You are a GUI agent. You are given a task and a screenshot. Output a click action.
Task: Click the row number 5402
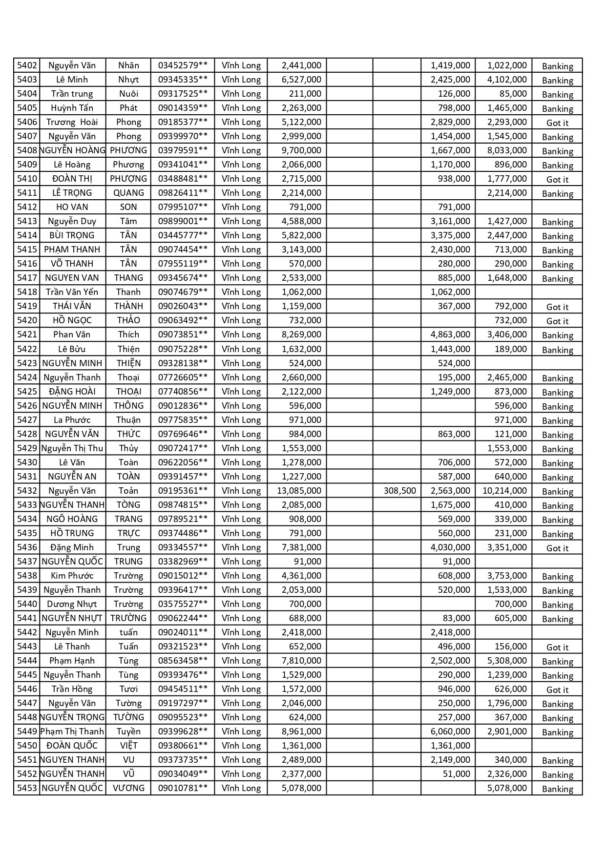coord(27,65)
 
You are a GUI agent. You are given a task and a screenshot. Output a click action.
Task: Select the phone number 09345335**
coord(183,80)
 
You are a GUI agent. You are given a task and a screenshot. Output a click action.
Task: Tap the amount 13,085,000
coord(299,491)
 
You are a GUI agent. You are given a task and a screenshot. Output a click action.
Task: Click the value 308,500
coord(399,491)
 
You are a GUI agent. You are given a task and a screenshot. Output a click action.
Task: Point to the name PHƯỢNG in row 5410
coord(128,179)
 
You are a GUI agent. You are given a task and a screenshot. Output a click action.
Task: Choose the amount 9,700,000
coord(301,150)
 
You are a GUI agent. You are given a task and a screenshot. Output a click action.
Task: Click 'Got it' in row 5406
coord(557,123)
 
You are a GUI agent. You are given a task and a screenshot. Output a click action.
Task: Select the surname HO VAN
coord(72,207)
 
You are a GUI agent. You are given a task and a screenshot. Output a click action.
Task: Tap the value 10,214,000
coord(504,491)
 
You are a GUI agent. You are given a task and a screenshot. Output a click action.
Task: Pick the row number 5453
coord(27,788)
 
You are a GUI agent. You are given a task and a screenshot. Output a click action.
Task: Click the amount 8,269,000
coord(301,334)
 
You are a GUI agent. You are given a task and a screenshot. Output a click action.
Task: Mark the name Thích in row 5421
coord(128,334)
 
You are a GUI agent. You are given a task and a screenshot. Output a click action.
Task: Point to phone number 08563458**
coord(183,661)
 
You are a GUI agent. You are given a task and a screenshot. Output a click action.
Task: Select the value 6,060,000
coord(450,732)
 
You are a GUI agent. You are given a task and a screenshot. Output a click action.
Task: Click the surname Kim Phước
coord(72,576)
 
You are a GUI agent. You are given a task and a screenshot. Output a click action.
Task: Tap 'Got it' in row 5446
coord(557,690)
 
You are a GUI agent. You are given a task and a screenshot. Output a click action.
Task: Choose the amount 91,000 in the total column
coord(308,562)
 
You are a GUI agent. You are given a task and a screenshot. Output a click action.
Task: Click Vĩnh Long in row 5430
coord(241,462)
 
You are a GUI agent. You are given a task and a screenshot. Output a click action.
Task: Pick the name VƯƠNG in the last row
coord(128,788)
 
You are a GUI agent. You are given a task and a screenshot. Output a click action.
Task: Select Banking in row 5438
coord(557,576)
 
